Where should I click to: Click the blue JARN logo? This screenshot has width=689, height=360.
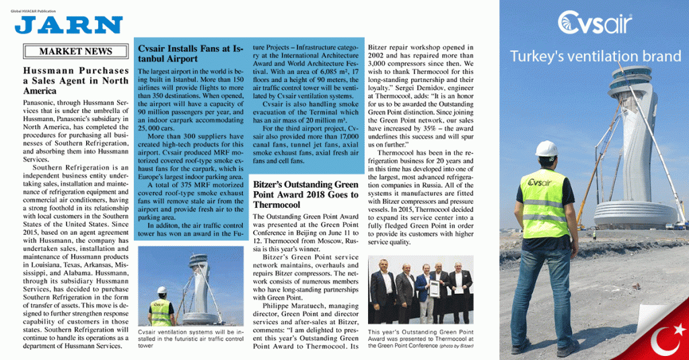69,25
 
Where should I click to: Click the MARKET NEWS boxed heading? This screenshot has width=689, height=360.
75,51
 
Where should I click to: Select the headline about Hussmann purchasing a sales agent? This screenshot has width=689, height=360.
75,80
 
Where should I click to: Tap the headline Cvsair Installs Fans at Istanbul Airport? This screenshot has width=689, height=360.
190,53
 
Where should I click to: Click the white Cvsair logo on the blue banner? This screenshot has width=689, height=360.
594,24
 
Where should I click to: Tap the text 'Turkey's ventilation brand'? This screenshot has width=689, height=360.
595,57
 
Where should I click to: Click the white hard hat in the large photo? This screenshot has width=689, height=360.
546,148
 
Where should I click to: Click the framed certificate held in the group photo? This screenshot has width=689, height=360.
435,289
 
